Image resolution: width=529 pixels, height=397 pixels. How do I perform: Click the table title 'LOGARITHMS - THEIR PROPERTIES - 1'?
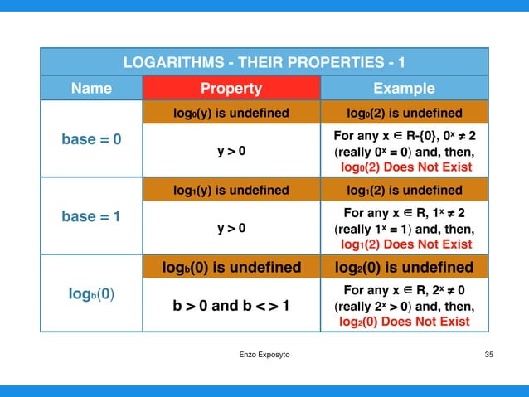click(x=264, y=62)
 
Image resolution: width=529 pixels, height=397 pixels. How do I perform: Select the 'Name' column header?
click(x=92, y=89)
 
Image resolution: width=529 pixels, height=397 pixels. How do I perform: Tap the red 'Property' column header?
click(x=231, y=89)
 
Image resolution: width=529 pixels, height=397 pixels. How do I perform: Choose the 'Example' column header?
click(x=404, y=89)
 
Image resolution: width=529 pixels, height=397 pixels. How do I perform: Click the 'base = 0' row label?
click(x=92, y=139)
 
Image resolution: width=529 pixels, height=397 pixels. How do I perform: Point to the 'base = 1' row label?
click(x=92, y=216)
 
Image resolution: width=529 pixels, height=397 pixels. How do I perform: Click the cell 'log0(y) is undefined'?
click(x=231, y=113)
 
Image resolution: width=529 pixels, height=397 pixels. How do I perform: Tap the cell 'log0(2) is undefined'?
click(x=404, y=113)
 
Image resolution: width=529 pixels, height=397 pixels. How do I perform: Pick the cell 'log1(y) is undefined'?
click(x=231, y=190)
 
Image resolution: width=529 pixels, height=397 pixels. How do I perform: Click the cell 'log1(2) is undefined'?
click(x=404, y=190)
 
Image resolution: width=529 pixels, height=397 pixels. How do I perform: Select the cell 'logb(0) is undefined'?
click(x=231, y=267)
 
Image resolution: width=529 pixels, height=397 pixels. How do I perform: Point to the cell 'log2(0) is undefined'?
click(x=404, y=267)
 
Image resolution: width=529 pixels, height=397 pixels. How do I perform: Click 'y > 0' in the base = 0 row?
click(x=231, y=152)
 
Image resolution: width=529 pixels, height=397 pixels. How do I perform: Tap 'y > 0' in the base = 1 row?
click(x=231, y=229)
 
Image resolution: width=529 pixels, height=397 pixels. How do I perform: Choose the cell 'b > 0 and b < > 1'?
click(x=231, y=306)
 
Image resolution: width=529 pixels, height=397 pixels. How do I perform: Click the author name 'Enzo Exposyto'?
click(x=264, y=355)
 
